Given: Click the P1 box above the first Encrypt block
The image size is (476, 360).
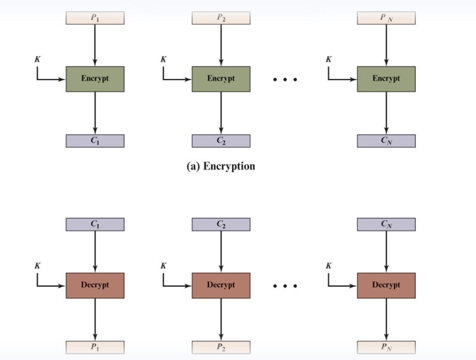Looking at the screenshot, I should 95,18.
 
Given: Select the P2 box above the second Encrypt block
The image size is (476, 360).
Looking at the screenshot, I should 221,18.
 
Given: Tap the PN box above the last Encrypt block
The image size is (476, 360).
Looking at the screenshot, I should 386,18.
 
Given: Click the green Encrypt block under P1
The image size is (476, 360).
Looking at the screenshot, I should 95,79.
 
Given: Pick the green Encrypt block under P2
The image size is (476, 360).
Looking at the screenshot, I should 221,79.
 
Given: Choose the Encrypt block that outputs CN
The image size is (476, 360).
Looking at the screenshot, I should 386,79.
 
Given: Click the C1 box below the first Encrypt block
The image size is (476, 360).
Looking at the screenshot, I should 95,141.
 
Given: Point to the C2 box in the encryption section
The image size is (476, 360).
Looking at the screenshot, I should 221,141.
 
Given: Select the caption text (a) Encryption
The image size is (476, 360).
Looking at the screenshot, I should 221,166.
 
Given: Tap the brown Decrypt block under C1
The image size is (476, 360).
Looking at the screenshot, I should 95,285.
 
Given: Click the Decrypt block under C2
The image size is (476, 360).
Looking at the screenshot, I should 221,285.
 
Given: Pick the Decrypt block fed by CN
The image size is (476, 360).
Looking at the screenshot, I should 386,285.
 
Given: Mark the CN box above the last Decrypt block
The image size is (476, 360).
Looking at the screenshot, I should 386,224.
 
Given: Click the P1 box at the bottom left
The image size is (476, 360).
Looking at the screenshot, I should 95,347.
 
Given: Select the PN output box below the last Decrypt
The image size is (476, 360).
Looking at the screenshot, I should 386,347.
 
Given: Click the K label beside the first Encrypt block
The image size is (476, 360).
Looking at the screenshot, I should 37,59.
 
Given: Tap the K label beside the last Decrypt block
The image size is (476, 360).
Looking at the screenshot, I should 329,266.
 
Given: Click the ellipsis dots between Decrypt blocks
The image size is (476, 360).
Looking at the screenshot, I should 285,286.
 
